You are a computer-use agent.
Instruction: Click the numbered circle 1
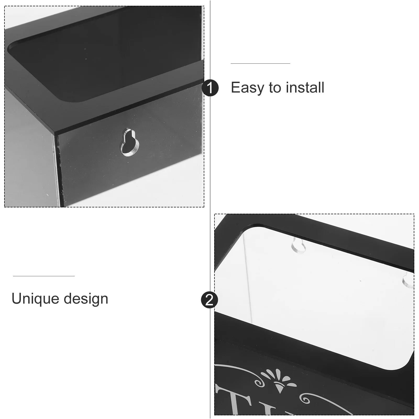coord(210,88)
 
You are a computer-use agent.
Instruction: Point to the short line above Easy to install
coord(260,63)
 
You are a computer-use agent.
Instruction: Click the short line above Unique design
coord(44,276)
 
